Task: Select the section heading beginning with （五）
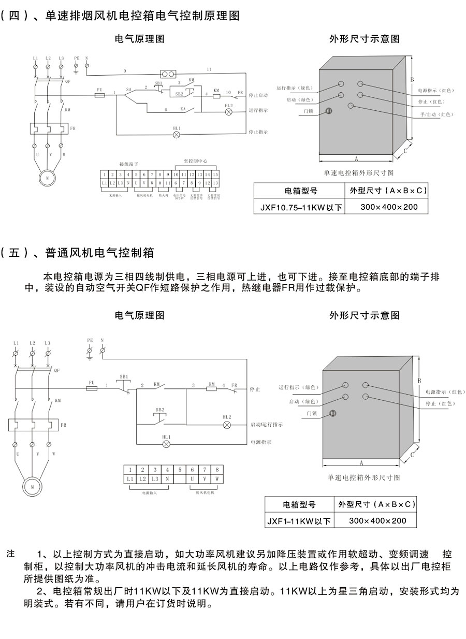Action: pyautogui.click(x=78, y=253)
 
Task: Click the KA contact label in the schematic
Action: pyautogui.click(x=183, y=110)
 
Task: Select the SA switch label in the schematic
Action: pyautogui.click(x=128, y=90)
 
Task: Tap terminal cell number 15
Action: pyautogui.click(x=215, y=175)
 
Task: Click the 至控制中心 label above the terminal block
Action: pyautogui.click(x=195, y=163)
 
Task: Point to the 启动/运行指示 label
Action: pyautogui.click(x=267, y=424)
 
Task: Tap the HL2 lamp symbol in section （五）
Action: pyautogui.click(x=226, y=425)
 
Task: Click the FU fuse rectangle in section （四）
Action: pyautogui.click(x=99, y=96)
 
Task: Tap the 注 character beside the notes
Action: pyautogui.click(x=11, y=554)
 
